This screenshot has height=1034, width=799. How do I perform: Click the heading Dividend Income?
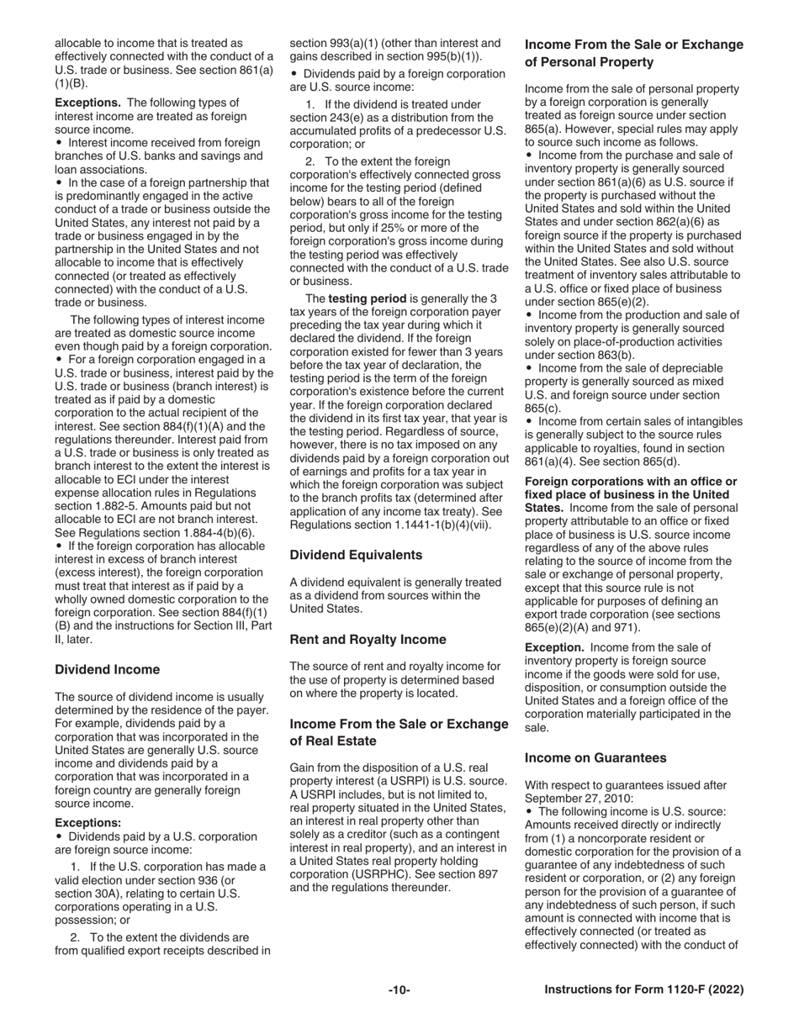pyautogui.click(x=107, y=670)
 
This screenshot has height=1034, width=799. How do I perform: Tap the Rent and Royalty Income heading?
pyautogui.click(x=368, y=640)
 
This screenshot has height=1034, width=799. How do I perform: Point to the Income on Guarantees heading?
pyautogui.click(x=595, y=757)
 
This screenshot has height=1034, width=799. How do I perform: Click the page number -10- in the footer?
pyautogui.click(x=399, y=990)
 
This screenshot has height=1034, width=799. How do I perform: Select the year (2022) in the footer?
pyautogui.click(x=726, y=990)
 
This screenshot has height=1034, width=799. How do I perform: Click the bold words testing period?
pyautogui.click(x=364, y=298)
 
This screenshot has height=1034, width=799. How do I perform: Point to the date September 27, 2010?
pyautogui.click(x=580, y=799)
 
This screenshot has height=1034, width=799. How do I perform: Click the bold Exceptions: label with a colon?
pyautogui.click(x=87, y=823)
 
